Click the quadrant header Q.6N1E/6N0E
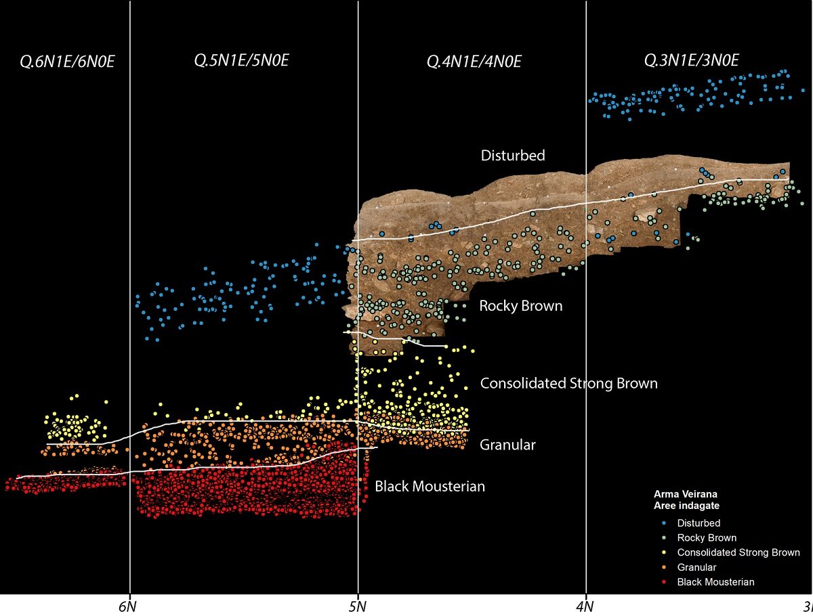[67, 62]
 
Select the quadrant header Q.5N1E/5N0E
[242, 61]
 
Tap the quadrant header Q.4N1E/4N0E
[474, 62]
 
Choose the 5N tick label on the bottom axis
[358, 604]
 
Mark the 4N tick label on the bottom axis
[585, 604]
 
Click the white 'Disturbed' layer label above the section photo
[513, 156]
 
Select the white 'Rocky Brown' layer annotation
[520, 306]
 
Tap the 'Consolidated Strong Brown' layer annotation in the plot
[568, 384]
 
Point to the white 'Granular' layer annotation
[507, 445]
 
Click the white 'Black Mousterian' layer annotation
[430, 486]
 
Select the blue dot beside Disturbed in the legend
[666, 523]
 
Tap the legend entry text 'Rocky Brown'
[707, 538]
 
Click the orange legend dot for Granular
[666, 567]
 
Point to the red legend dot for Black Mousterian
[666, 582]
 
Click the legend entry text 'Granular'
[696, 567]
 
